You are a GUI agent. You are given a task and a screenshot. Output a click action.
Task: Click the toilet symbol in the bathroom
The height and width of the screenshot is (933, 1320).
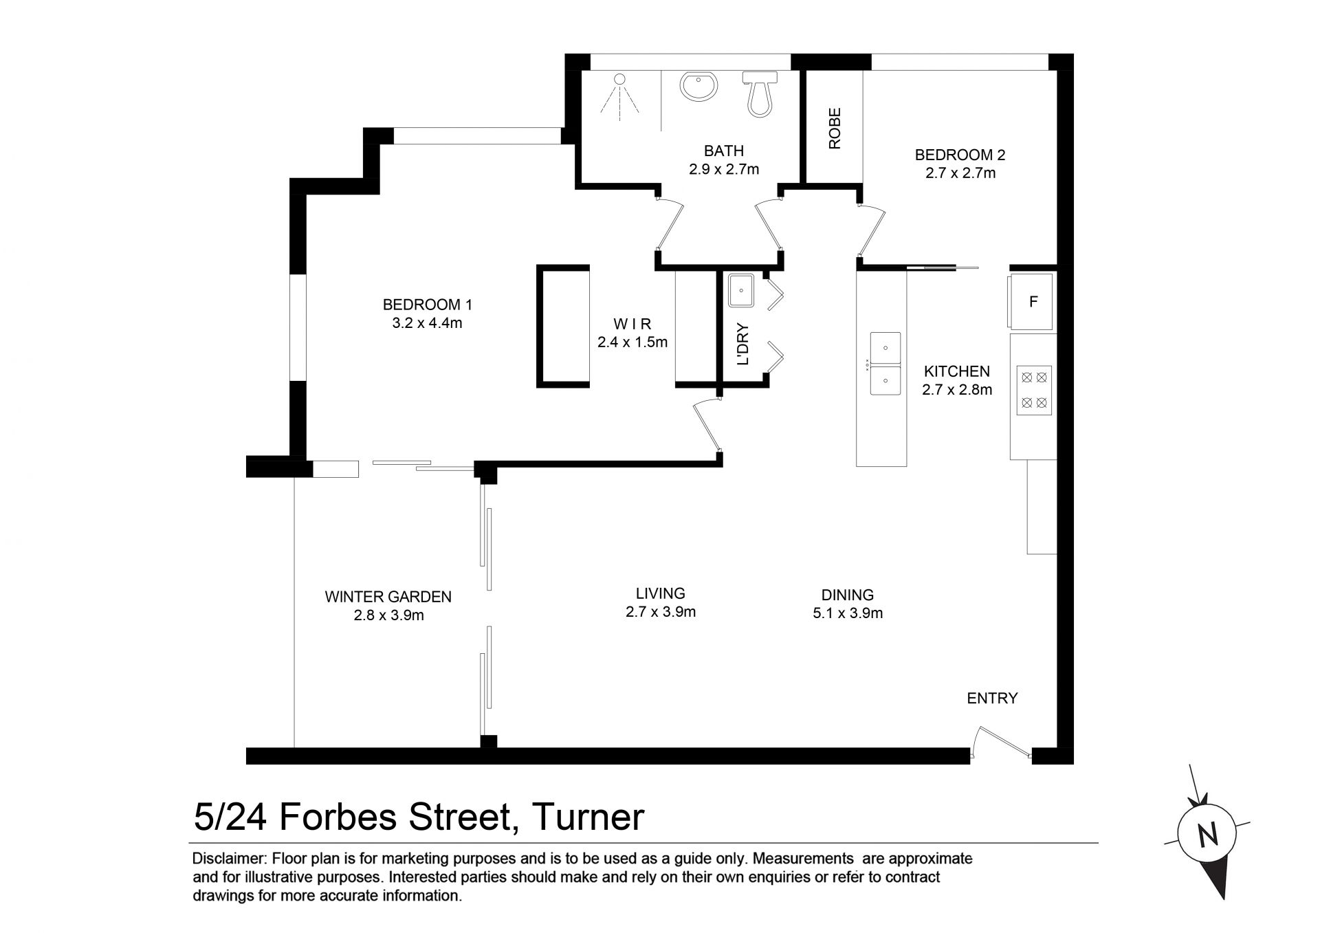[760, 94]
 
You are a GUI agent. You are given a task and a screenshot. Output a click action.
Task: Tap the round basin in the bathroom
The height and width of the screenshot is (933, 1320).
[699, 87]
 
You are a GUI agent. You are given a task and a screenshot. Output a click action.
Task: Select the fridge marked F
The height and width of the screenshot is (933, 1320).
[1031, 301]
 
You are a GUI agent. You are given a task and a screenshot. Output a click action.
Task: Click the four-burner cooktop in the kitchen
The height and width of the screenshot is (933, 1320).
[1034, 390]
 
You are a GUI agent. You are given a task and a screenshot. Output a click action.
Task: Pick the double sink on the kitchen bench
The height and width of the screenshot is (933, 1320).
[885, 363]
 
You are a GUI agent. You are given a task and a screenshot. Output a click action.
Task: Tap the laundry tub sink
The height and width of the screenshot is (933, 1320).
[741, 292]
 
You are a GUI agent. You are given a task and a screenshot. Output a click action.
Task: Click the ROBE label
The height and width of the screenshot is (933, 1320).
[835, 129]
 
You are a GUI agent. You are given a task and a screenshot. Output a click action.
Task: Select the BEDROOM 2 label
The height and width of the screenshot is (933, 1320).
[960, 155]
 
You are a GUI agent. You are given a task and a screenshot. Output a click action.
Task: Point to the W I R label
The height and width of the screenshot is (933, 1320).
[632, 324]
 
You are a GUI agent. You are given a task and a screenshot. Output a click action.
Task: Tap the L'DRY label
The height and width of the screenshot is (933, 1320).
[742, 344]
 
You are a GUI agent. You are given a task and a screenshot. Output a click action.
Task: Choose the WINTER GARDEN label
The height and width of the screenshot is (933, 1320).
[388, 597]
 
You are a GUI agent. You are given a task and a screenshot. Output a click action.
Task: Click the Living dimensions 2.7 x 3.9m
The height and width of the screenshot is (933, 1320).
[661, 612]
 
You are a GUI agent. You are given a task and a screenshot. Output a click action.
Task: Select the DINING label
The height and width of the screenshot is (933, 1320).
[848, 595]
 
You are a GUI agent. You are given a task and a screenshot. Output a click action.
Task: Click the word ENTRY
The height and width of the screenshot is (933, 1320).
[992, 699]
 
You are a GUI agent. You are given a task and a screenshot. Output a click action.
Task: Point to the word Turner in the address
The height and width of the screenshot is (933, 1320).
[588, 817]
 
